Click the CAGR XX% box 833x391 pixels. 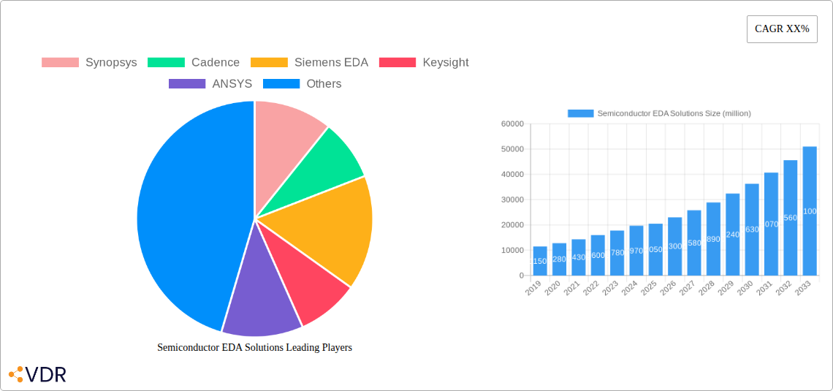781,29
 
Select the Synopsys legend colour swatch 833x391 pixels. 60,63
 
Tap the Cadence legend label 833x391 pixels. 215,63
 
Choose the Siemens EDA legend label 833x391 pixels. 330,63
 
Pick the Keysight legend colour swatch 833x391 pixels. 398,63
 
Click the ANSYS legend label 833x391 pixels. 232,84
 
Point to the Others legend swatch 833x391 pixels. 281,84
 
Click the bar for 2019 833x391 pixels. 540,261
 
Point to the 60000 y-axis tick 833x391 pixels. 512,124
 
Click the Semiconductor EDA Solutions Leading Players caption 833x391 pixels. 254,348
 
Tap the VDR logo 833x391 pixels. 38,375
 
